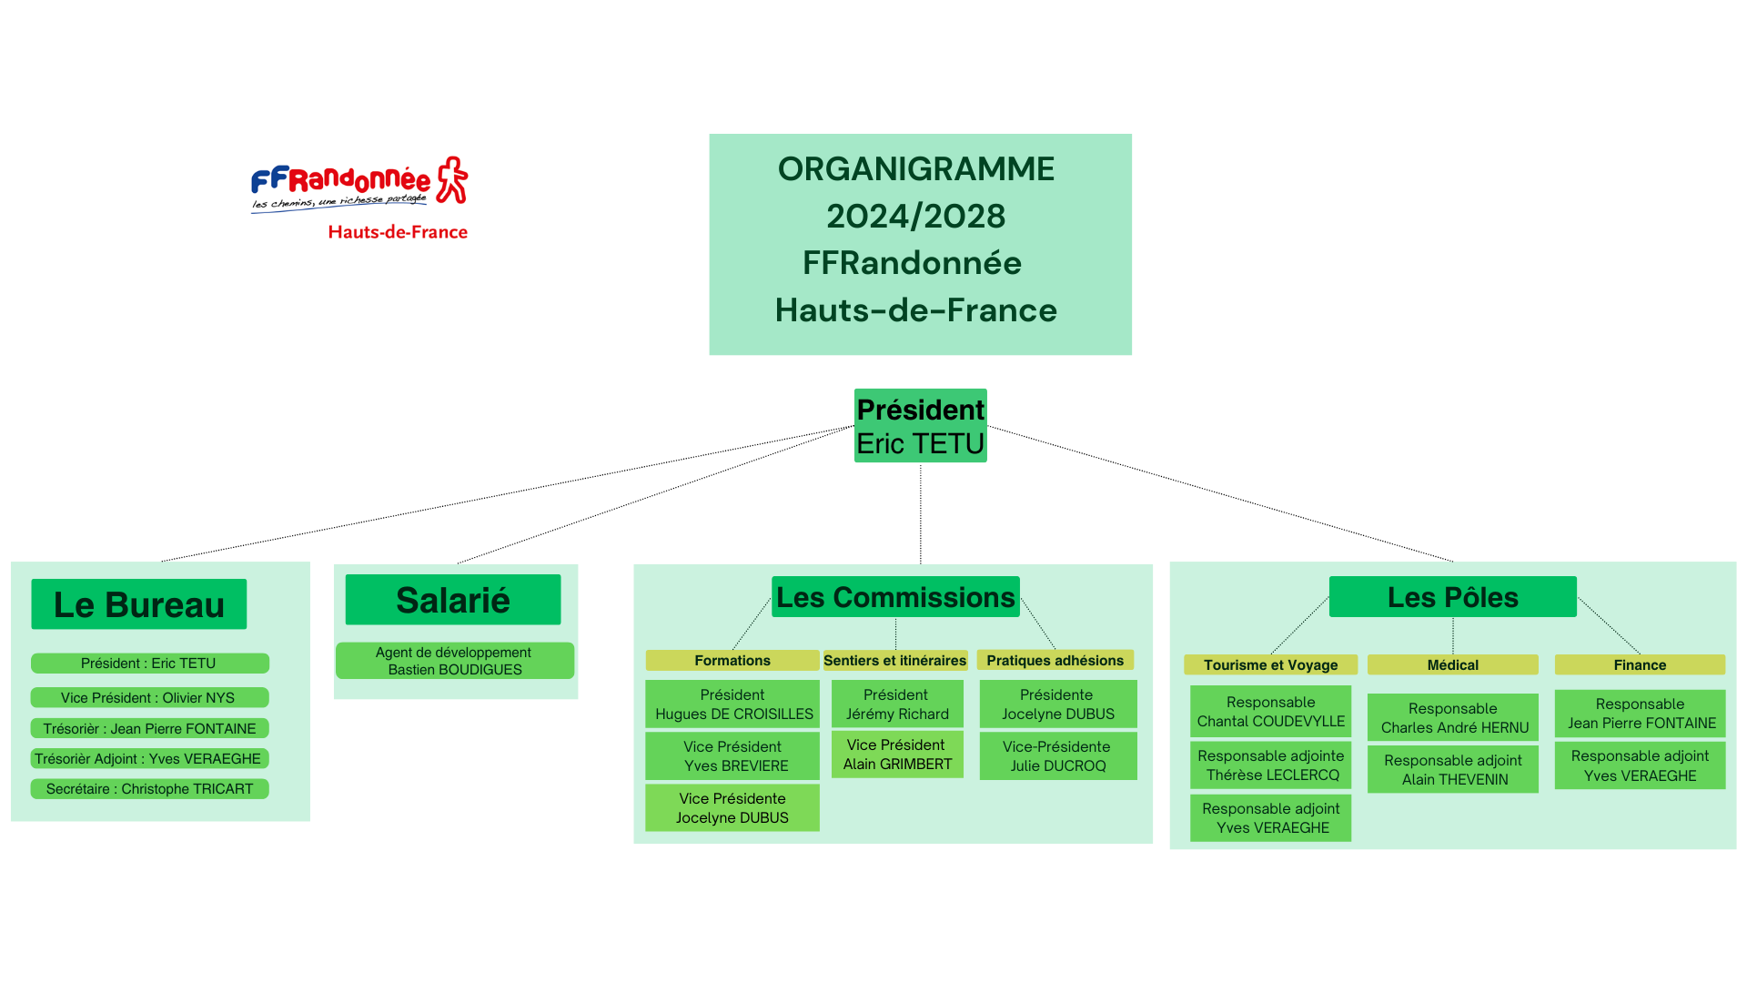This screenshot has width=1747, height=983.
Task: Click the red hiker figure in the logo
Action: (452, 179)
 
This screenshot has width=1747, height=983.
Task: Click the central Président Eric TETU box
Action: (920, 426)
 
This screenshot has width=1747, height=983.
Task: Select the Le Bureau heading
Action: (139, 604)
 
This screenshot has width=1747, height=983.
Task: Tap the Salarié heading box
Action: (453, 600)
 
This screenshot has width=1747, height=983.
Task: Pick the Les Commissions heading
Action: (895, 597)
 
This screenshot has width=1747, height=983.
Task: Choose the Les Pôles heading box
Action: (1452, 597)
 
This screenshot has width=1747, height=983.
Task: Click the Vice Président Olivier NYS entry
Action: (149, 697)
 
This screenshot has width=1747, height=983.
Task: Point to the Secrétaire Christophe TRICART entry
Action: (149, 789)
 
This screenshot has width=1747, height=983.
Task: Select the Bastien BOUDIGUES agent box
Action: (455, 661)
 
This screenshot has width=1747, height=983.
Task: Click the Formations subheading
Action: (732, 661)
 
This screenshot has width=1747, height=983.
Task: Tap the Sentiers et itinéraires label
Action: (894, 661)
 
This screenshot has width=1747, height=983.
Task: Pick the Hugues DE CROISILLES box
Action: (732, 704)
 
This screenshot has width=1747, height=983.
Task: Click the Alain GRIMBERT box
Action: (897, 755)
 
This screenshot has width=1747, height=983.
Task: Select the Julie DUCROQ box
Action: (1057, 756)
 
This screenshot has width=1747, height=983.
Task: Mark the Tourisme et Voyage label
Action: (1270, 665)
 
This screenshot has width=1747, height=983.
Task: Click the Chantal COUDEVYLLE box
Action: (1270, 712)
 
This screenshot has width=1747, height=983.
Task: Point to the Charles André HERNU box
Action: (1453, 718)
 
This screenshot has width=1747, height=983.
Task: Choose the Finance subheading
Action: (1640, 665)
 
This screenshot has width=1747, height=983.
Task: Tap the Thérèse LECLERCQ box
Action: (1270, 765)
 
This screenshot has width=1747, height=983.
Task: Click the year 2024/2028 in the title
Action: (915, 217)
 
